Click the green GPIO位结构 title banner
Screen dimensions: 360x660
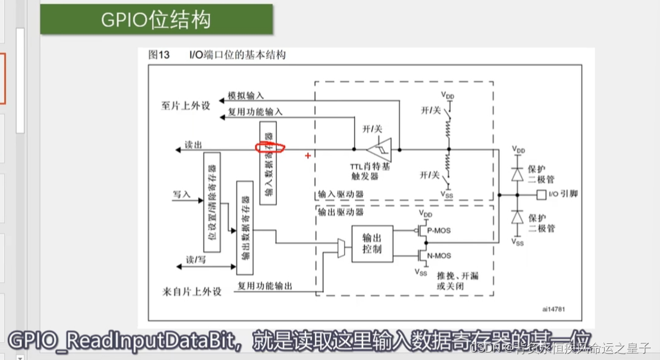156,19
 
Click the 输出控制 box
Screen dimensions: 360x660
372,243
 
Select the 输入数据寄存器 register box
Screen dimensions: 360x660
268,164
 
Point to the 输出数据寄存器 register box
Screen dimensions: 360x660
245,227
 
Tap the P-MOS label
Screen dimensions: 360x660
442,231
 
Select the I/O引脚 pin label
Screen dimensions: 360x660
563,194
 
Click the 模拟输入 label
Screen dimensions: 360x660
245,96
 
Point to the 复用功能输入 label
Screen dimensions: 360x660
255,112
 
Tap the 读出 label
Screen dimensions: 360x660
192,145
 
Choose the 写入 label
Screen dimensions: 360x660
181,194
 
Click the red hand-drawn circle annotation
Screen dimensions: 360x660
270,148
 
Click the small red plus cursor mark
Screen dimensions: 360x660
307,155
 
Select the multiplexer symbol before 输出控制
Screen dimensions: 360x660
341,247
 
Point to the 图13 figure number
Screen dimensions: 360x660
159,55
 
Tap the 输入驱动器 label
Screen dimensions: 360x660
341,194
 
